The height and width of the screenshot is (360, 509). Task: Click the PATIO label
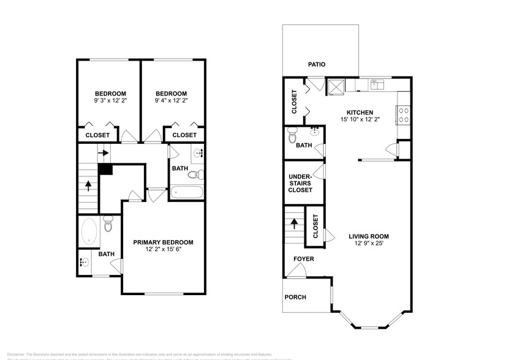317,64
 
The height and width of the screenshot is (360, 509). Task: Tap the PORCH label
295,297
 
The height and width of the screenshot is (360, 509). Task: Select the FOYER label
303,259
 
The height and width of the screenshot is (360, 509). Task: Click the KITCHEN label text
360,112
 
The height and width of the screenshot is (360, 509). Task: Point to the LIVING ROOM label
369,236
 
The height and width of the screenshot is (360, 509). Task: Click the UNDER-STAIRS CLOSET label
300,182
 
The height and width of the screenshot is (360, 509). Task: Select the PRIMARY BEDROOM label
163,242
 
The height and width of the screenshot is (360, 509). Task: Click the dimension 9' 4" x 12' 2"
171,100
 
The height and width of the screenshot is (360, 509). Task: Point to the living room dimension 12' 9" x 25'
369,244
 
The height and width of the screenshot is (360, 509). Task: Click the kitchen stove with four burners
404,115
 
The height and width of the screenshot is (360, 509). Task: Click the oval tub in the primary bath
88,232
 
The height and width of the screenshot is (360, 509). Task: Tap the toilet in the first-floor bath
293,132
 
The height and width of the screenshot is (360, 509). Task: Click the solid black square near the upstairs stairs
105,170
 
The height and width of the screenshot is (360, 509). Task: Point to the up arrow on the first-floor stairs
294,223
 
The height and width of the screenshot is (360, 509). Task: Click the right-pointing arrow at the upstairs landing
104,153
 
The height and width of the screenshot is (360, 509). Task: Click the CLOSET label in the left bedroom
98,135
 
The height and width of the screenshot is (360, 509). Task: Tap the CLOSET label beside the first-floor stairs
315,226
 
